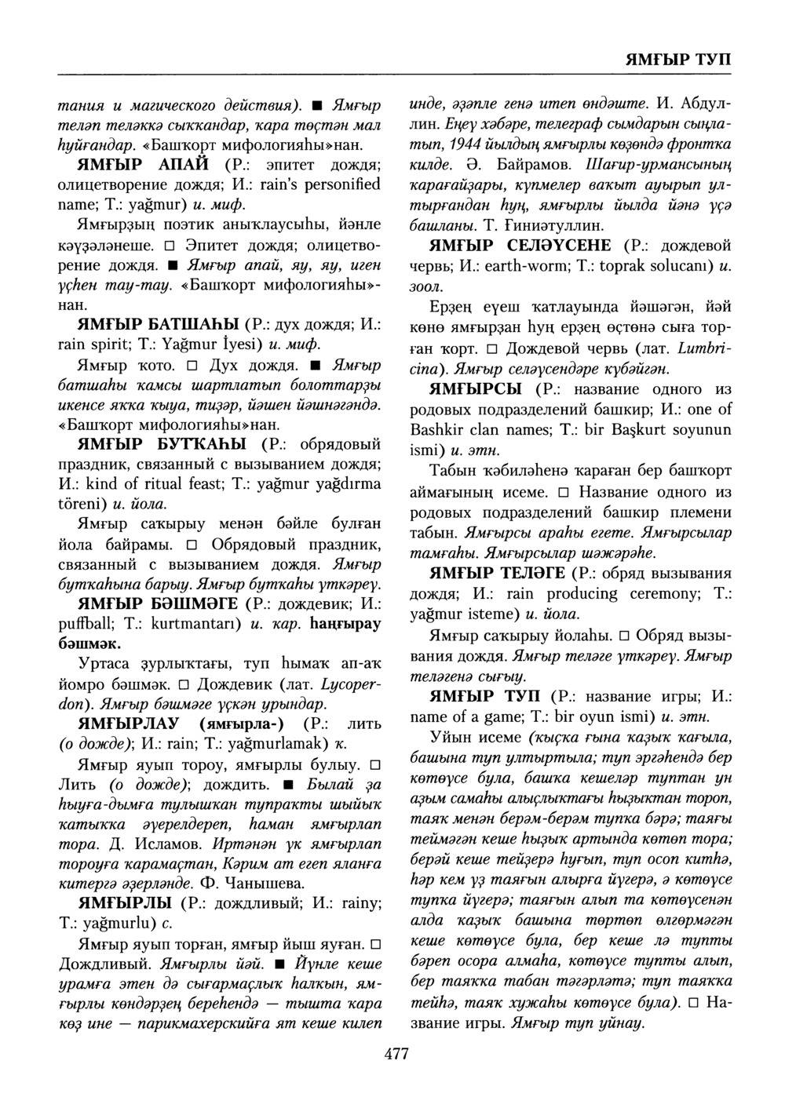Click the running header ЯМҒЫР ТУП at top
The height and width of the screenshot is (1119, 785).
pyautogui.click(x=678, y=60)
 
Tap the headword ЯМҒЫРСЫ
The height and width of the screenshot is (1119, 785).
pyautogui.click(x=480, y=389)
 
